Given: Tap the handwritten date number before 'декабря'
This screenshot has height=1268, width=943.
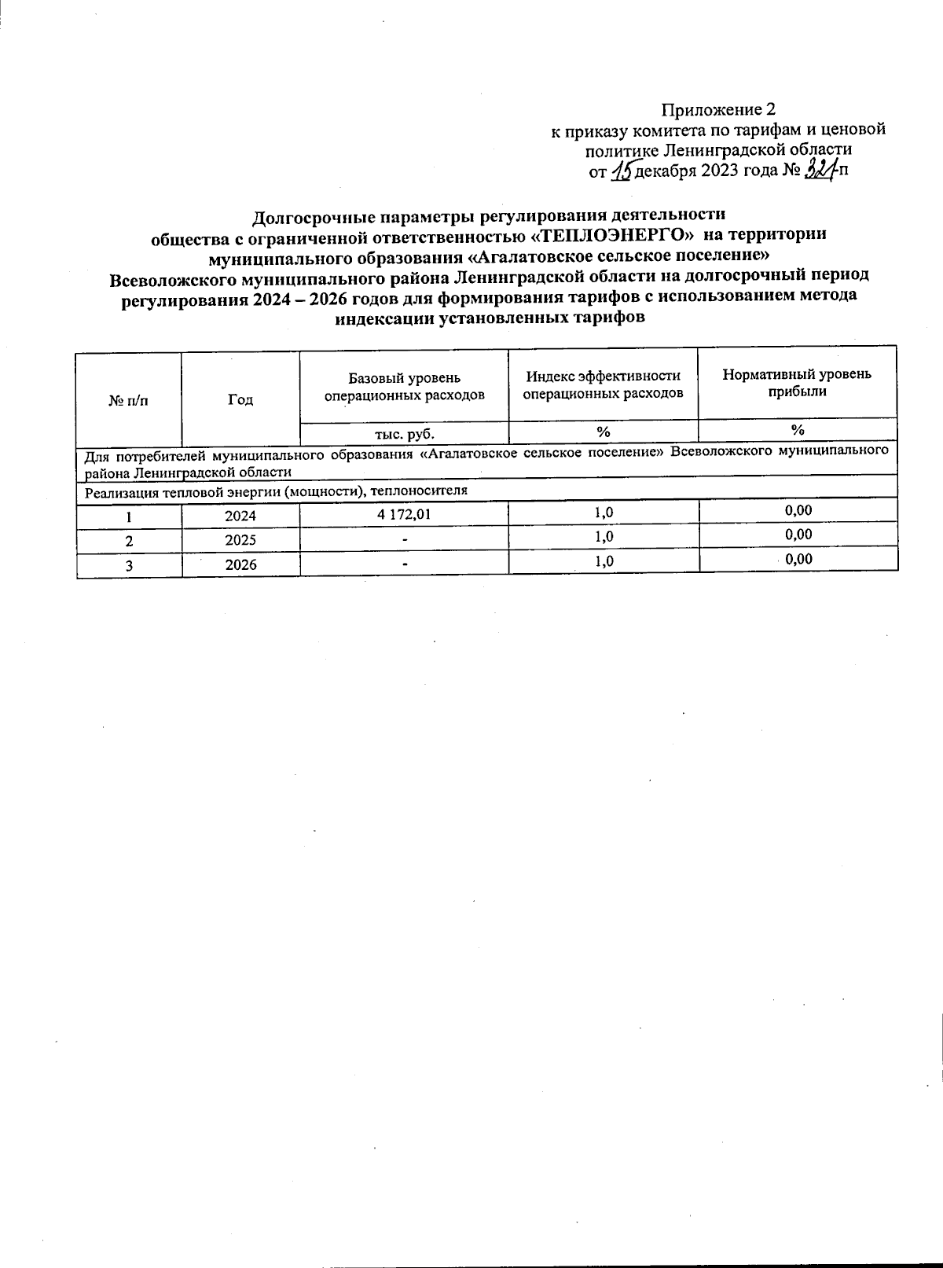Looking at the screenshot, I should click(621, 169).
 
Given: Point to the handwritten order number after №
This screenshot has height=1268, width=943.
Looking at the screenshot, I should click(820, 168).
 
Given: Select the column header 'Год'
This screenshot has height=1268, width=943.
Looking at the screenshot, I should click(240, 399).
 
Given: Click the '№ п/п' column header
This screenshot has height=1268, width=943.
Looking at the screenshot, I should click(128, 400).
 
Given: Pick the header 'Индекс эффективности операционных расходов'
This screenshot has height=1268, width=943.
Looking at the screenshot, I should click(603, 384).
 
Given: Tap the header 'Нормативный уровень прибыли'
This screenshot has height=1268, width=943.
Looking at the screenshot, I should click(797, 383).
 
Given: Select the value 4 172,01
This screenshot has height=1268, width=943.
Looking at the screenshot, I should click(404, 514).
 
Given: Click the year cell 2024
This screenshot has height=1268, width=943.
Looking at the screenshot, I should click(240, 516).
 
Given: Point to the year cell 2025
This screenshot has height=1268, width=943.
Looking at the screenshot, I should click(240, 541).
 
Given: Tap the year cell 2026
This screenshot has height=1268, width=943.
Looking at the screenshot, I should click(240, 565).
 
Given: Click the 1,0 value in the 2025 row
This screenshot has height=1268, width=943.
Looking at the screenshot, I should click(604, 537).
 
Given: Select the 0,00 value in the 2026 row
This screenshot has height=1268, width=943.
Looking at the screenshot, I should click(798, 559).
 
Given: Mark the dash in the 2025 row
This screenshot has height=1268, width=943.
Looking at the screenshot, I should click(404, 540).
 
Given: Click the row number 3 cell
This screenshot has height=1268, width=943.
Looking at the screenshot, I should click(129, 566).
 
